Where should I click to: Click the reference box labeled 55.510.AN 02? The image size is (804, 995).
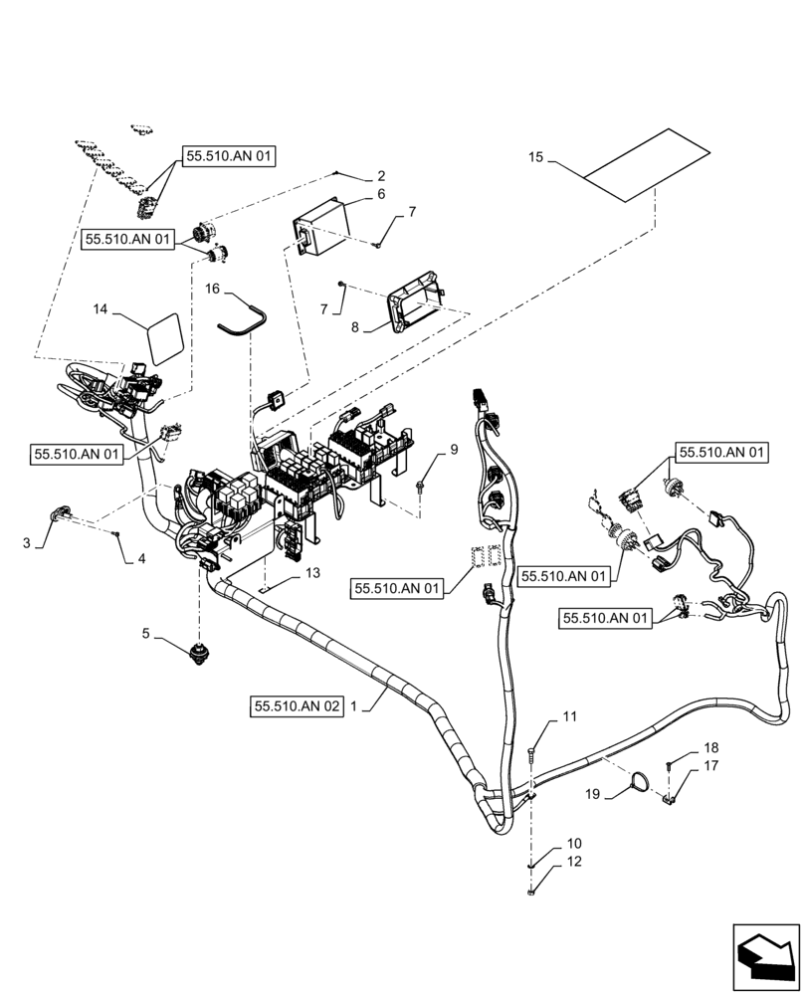[x=298, y=705]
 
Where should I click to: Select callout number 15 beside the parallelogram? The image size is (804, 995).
[x=536, y=158]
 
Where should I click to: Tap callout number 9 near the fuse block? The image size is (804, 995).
[x=454, y=450]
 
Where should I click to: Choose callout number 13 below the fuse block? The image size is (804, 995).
[x=312, y=573]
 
